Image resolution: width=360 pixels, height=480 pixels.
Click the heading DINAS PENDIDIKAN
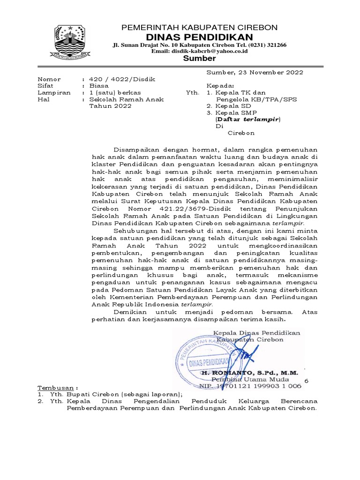[x=199, y=37]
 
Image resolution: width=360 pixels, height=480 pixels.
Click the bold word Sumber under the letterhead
[x=199, y=59]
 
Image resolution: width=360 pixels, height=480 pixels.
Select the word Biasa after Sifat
[x=99, y=86]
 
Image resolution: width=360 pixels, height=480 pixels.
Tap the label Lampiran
[x=54, y=92]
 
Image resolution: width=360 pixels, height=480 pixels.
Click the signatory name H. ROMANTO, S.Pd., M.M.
[x=249, y=373]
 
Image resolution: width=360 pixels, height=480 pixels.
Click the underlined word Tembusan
[x=54, y=388]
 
